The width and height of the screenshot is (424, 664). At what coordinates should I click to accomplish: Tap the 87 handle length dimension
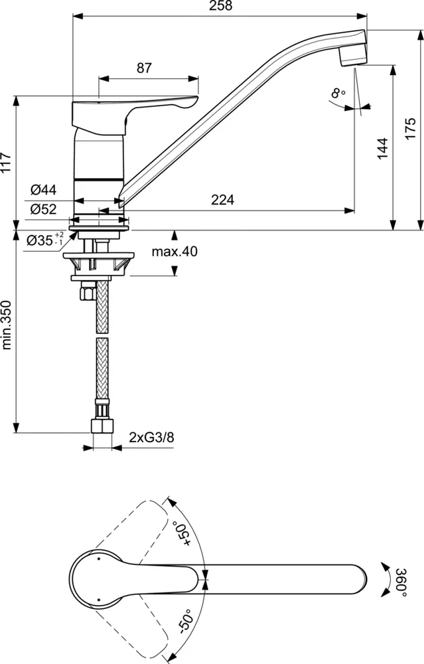[145, 68]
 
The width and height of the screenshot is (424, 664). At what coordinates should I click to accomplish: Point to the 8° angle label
[338, 94]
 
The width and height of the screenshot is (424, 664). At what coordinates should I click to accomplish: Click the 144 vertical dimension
[382, 149]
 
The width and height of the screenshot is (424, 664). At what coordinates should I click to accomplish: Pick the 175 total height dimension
[410, 127]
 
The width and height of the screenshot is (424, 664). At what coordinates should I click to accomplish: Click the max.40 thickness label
[175, 252]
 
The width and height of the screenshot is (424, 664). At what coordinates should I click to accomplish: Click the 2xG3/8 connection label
[152, 437]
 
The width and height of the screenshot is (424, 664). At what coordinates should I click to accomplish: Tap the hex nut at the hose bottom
[102, 425]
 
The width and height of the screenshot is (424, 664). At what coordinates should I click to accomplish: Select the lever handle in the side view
[133, 110]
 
